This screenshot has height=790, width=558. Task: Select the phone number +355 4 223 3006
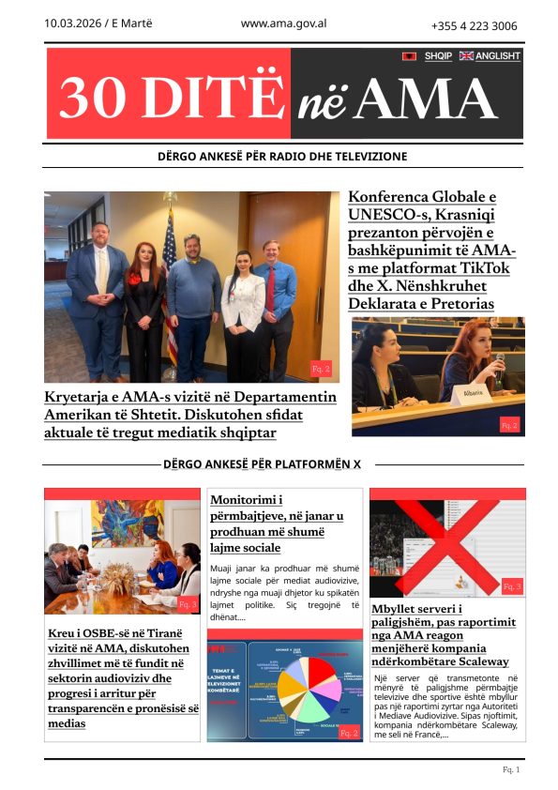coord(474,26)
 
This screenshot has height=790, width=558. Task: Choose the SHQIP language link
coord(438,56)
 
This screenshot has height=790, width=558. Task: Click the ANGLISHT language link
coord(497,56)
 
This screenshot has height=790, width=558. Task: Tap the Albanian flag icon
coord(409,56)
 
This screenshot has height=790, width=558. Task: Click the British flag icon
coord(466,56)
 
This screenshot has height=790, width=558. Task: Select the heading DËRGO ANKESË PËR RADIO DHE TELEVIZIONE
coord(282,156)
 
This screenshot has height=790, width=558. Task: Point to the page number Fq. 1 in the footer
coord(511,769)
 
